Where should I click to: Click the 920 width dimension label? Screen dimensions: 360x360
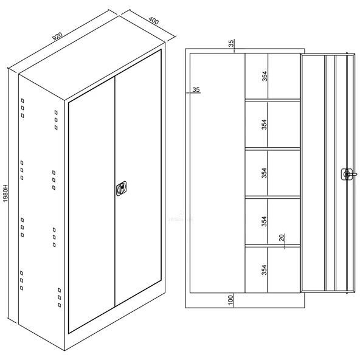[x=57, y=36]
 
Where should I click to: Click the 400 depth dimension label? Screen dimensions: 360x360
[x=154, y=21]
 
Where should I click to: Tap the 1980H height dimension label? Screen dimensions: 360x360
[x=5, y=193]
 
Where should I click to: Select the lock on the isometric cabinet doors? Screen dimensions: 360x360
[x=122, y=189]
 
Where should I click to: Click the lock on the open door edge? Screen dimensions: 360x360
[x=347, y=175]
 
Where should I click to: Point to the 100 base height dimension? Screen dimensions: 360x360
[x=230, y=300]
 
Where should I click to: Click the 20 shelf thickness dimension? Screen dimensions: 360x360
[x=282, y=237]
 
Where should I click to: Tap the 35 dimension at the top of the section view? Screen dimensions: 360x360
[x=231, y=43]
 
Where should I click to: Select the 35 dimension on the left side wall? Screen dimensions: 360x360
[x=196, y=89]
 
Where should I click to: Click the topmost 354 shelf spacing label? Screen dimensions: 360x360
[x=265, y=76]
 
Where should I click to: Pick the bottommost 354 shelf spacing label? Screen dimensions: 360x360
[x=265, y=270]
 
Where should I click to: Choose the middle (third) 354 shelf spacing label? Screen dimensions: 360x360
[x=265, y=173]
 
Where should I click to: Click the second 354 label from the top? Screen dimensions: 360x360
[x=265, y=125]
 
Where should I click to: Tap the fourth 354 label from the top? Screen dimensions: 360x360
[x=265, y=221]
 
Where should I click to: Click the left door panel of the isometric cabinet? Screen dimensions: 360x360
[x=92, y=204]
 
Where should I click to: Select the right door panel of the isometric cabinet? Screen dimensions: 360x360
[x=138, y=178]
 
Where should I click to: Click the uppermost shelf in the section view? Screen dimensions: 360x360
[x=272, y=100]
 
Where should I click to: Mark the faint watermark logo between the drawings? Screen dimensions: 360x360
[x=181, y=217]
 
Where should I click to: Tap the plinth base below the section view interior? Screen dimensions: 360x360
[x=245, y=300]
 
